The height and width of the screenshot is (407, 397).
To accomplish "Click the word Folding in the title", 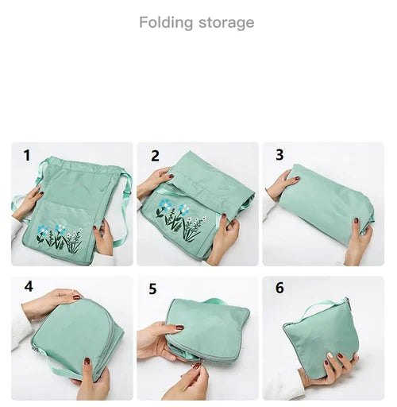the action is [x=166, y=23].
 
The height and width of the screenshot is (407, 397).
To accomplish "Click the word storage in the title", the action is [x=226, y=23].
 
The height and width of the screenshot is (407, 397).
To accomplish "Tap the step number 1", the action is [x=27, y=155].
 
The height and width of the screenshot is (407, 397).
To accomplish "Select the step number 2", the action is [x=155, y=156].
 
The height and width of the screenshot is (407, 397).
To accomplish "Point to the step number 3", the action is [x=279, y=155].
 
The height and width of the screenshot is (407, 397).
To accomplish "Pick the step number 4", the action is [x=29, y=286].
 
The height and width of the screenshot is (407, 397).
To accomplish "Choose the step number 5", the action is [x=153, y=289].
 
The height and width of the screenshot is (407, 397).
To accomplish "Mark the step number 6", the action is [x=279, y=288].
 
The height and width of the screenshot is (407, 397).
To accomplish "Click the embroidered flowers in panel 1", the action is [x=59, y=238].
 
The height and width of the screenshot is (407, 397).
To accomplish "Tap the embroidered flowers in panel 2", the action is [x=181, y=220].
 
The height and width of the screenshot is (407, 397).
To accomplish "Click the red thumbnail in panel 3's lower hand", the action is [x=357, y=220].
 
